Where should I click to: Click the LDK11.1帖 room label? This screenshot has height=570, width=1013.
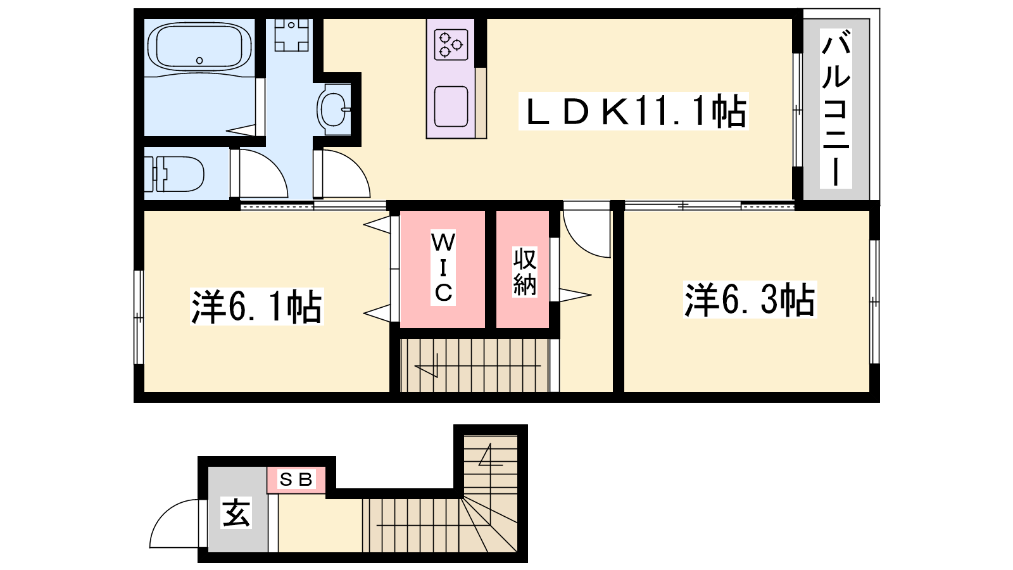click(633, 111)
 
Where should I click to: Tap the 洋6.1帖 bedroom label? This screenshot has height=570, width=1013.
click(256, 307)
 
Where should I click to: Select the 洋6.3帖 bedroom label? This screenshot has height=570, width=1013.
click(750, 299)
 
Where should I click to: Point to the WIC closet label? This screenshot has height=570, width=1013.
click(443, 267)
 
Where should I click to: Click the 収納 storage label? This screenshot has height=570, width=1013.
click(525, 272)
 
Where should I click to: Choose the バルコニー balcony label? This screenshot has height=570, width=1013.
click(836, 109)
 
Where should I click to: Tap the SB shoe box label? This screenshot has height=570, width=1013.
click(296, 479)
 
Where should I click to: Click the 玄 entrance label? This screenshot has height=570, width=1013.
click(236, 512)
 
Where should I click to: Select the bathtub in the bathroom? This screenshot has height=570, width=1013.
click(199, 47)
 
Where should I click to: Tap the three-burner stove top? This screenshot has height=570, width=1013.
click(451, 44)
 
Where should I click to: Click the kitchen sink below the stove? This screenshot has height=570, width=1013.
click(451, 107)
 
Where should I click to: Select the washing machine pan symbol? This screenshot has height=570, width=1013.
click(292, 35)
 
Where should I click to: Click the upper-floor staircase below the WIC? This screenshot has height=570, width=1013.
click(475, 365)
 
